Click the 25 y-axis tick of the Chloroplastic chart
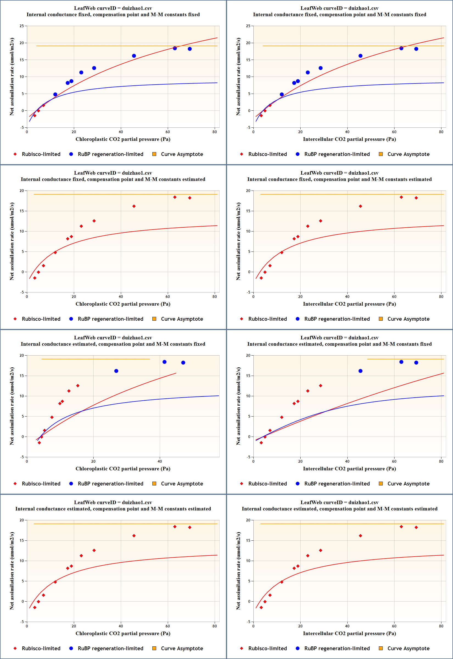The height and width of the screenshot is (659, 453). [22, 26]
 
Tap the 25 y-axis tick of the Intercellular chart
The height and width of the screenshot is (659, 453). [248, 26]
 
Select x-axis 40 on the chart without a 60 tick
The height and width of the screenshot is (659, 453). [160, 462]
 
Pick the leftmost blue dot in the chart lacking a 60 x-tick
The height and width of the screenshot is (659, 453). [116, 371]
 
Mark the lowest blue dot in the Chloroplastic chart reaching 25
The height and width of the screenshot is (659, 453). [55, 94]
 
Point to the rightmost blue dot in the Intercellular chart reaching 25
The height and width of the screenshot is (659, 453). [416, 49]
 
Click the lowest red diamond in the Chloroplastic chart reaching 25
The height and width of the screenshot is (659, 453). [35, 116]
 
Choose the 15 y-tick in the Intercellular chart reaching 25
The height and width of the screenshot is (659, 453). [248, 60]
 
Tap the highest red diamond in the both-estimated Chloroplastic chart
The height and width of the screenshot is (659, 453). [175, 527]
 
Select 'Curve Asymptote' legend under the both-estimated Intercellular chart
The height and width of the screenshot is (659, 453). [408, 649]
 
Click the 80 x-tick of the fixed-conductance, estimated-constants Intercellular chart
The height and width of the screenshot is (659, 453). [441, 297]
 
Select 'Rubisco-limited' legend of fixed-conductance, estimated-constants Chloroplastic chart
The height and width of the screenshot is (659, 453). [41, 319]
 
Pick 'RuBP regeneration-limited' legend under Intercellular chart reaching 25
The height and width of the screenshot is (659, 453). [337, 154]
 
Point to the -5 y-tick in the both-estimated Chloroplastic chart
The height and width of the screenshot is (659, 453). [22, 622]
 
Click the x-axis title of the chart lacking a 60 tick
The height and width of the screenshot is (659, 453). [123, 469]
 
